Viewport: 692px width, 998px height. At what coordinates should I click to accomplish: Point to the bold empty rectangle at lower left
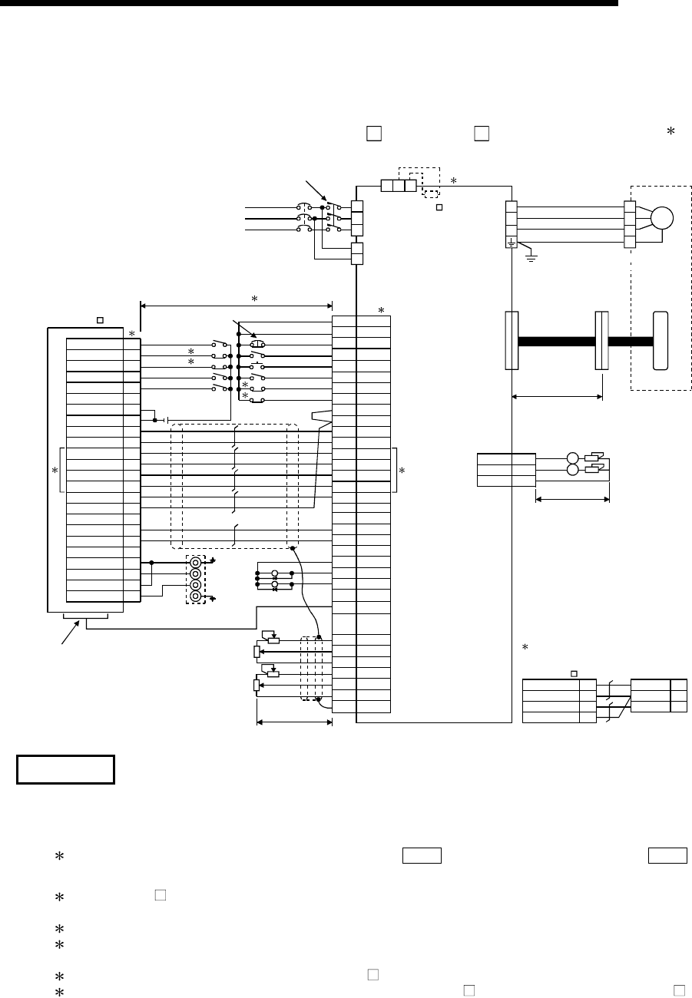pyautogui.click(x=65, y=770)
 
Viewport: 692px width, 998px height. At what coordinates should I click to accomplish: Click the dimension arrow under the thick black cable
pyautogui.click(x=557, y=397)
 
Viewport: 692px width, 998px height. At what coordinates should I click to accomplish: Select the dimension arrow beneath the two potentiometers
pyautogui.click(x=293, y=722)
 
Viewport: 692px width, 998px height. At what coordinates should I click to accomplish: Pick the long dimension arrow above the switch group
pyautogui.click(x=237, y=306)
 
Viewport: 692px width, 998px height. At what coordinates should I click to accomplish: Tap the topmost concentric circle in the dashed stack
pyautogui.click(x=196, y=562)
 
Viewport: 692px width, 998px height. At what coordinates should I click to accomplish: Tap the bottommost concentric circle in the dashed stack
pyautogui.click(x=196, y=596)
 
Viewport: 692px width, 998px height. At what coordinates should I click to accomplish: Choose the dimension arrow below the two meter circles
pyautogui.click(x=572, y=499)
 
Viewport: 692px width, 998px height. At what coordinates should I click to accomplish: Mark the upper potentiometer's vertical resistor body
pyautogui.click(x=257, y=652)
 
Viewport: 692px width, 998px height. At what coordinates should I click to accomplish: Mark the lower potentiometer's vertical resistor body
pyautogui.click(x=257, y=685)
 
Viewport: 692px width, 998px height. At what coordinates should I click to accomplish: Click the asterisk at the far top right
pyautogui.click(x=670, y=132)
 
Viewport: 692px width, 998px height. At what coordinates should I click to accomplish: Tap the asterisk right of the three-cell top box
pyautogui.click(x=453, y=181)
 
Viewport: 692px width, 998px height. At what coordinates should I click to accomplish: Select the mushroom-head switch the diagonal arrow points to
pyautogui.click(x=257, y=345)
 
